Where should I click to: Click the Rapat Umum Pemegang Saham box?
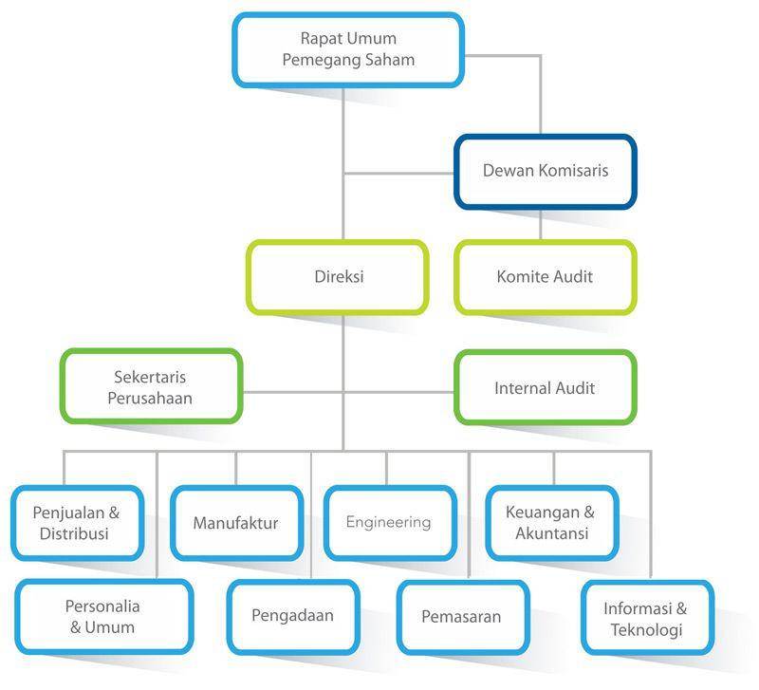[x=348, y=50]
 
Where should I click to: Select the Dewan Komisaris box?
[x=545, y=172]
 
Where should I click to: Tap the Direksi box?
[x=338, y=277]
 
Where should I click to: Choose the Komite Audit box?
[x=545, y=277]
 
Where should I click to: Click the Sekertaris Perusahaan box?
[x=151, y=386]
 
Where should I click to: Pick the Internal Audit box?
[x=545, y=387]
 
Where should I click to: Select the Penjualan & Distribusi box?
[x=78, y=523]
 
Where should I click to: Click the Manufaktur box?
[x=236, y=523]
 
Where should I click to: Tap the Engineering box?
[x=390, y=523]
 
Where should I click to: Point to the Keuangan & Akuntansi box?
[x=552, y=523]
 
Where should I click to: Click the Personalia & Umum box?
[x=104, y=617]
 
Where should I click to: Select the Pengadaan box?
[x=293, y=617]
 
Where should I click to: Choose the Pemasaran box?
[x=463, y=617]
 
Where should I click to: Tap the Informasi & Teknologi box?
[x=647, y=617]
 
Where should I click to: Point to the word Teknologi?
[x=647, y=629]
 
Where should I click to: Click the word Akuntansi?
[x=552, y=533]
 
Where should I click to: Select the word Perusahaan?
[x=150, y=398]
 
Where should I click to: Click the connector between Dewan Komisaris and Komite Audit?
[x=540, y=225]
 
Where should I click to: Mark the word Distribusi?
[x=74, y=533]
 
